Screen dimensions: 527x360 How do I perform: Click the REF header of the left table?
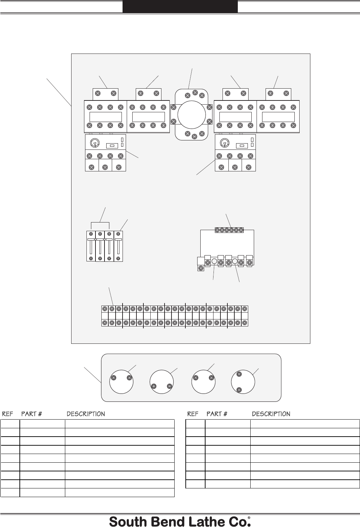tap(8, 414)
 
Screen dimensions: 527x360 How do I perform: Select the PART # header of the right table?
tap(217, 414)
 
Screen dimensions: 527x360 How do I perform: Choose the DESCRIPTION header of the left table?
tap(85, 414)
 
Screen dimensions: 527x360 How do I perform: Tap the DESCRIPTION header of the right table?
tap(271, 414)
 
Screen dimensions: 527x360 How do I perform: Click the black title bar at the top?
tap(180, 7)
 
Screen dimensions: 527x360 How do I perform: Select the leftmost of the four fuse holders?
tap(91, 246)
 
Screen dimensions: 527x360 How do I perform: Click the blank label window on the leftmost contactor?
tap(106, 117)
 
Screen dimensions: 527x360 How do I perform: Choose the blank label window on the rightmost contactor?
tap(278, 117)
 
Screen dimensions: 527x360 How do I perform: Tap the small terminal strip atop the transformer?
tap(229, 230)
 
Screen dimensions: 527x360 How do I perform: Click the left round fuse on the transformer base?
tap(215, 261)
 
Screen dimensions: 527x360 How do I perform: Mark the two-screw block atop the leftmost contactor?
tap(106, 94)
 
